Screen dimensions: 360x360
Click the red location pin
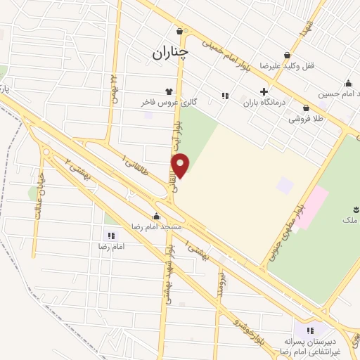click(x=181, y=166)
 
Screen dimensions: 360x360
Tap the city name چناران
click(x=170, y=53)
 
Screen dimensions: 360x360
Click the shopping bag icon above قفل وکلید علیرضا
click(x=287, y=55)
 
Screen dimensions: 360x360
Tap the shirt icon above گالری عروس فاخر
click(x=169, y=91)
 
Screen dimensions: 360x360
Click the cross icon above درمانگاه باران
click(x=264, y=91)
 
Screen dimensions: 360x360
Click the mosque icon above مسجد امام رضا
click(x=156, y=216)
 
